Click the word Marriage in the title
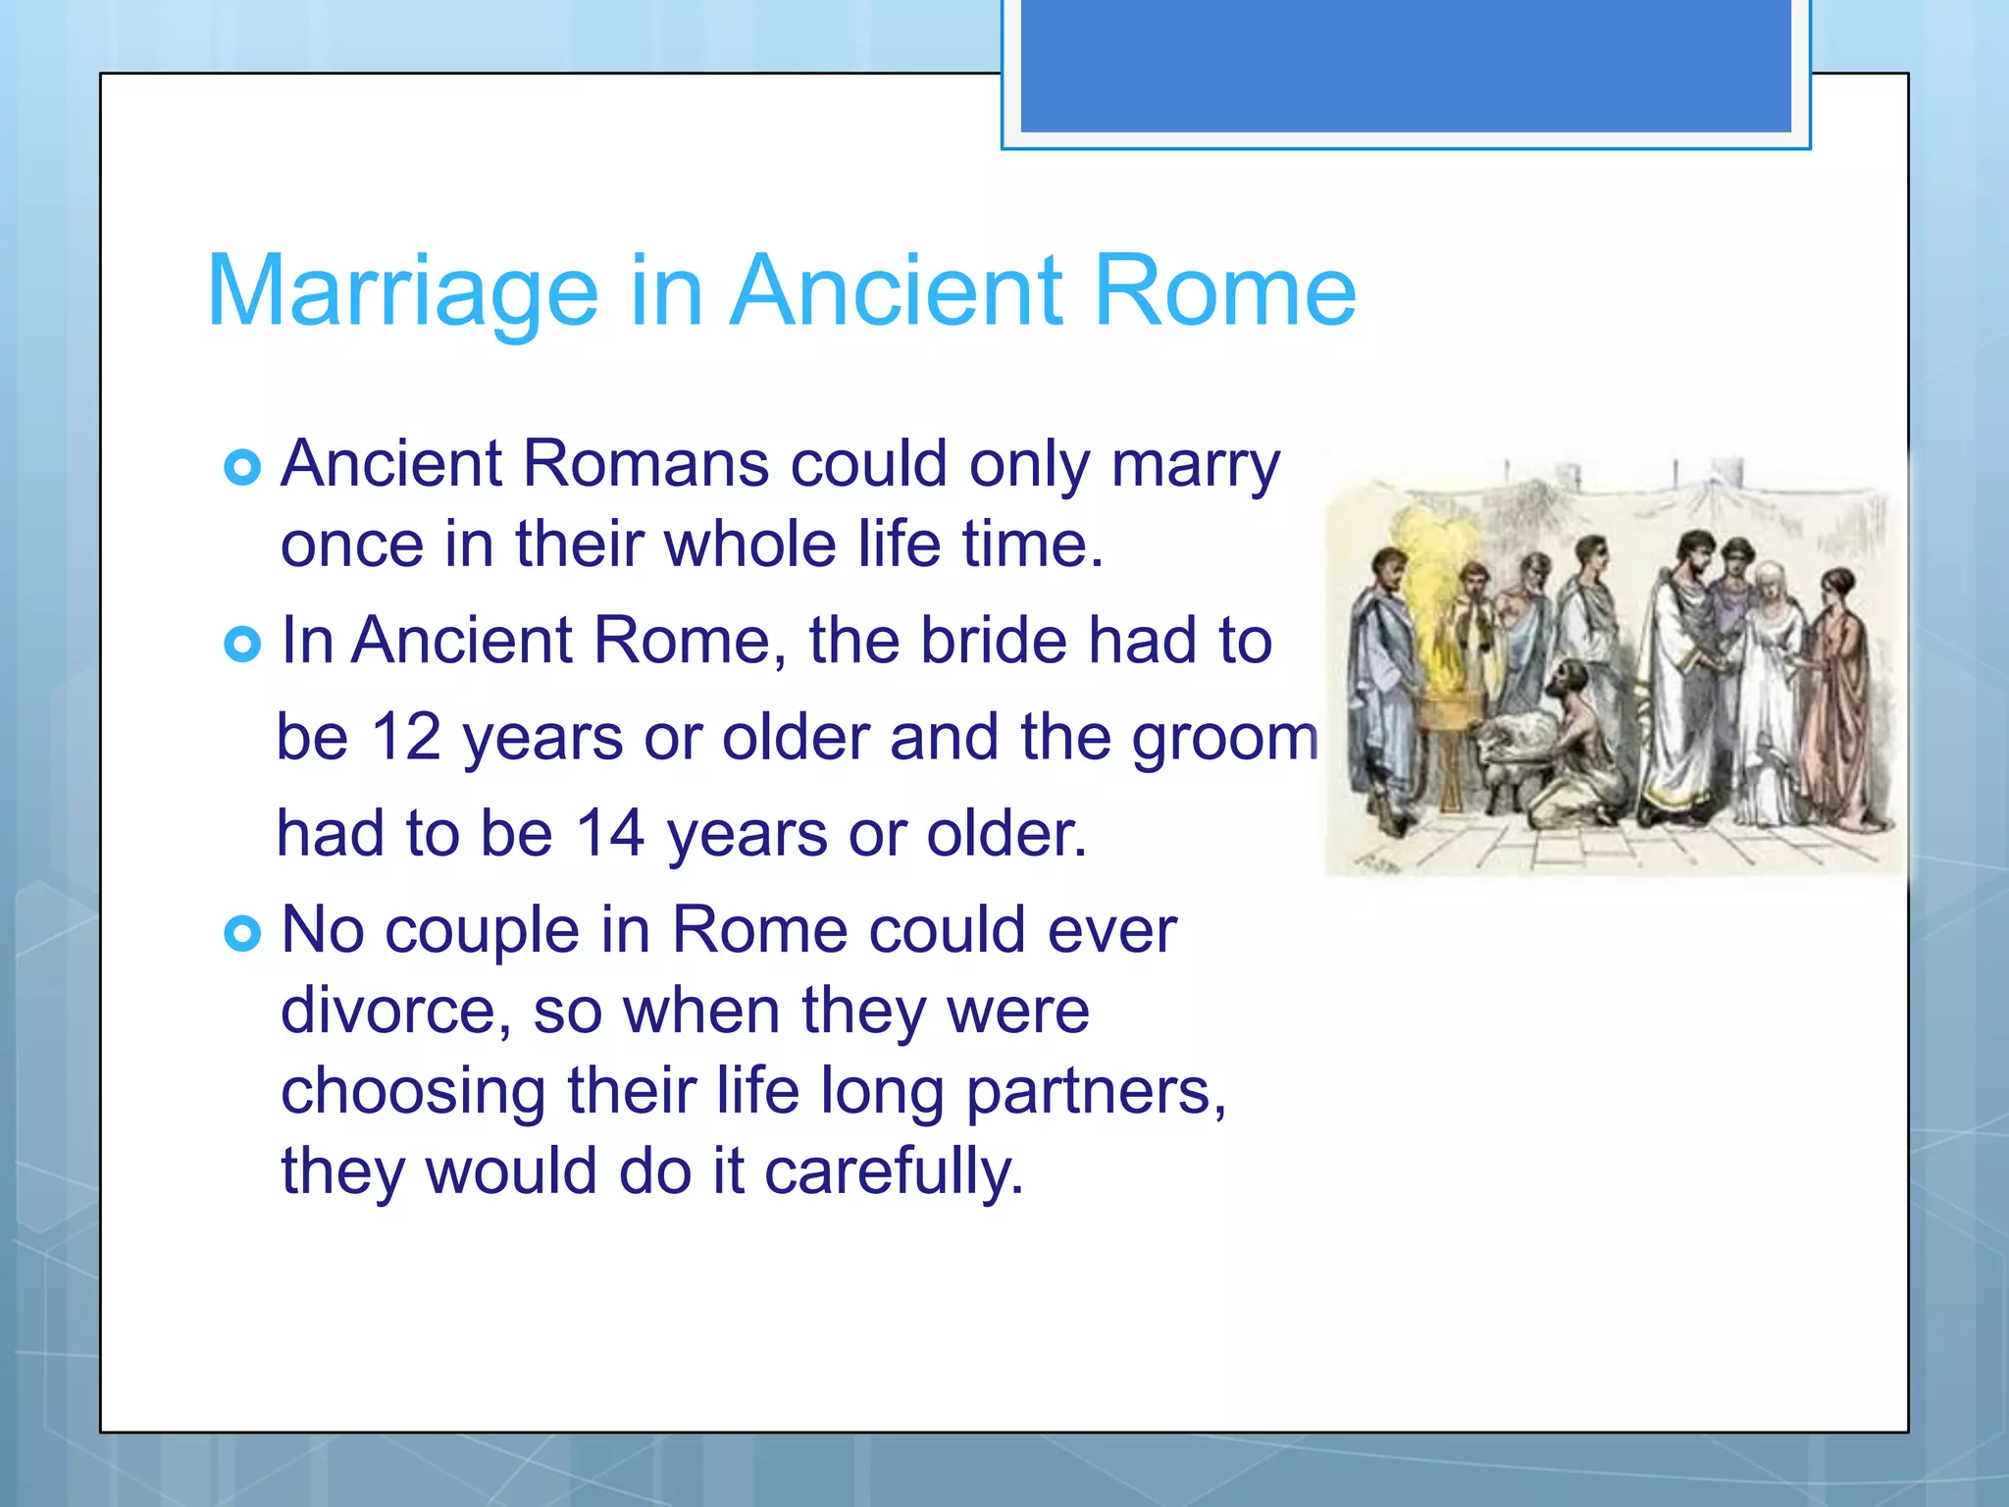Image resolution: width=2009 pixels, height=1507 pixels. tap(402, 292)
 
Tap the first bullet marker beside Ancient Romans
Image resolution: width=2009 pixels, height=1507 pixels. tap(242, 467)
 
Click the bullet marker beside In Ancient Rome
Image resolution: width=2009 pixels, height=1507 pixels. tap(242, 645)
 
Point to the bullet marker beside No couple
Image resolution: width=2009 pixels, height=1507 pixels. tap(242, 933)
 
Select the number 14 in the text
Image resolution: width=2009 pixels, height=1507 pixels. tap(609, 834)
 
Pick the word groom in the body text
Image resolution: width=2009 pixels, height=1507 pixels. tap(1225, 738)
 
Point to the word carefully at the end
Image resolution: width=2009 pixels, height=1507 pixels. tap(894, 1172)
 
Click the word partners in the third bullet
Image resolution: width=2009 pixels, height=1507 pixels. tap(1095, 1092)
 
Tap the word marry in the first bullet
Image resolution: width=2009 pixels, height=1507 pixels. tap(1195, 465)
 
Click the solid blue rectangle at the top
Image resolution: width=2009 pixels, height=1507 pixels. tap(1406, 66)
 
